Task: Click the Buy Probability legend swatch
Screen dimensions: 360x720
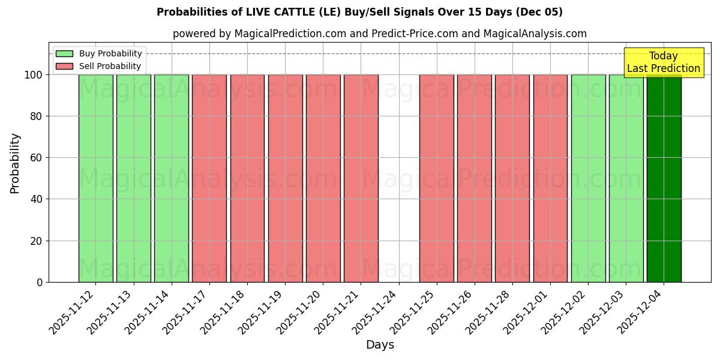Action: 64,54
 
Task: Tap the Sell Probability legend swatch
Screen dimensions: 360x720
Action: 64,67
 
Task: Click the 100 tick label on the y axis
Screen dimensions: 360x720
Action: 32,75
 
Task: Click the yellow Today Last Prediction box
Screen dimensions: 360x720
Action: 663,62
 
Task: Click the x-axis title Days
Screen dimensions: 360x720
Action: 380,345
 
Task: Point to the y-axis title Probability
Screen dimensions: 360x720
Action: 15,163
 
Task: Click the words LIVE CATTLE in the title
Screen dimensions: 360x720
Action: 271,12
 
